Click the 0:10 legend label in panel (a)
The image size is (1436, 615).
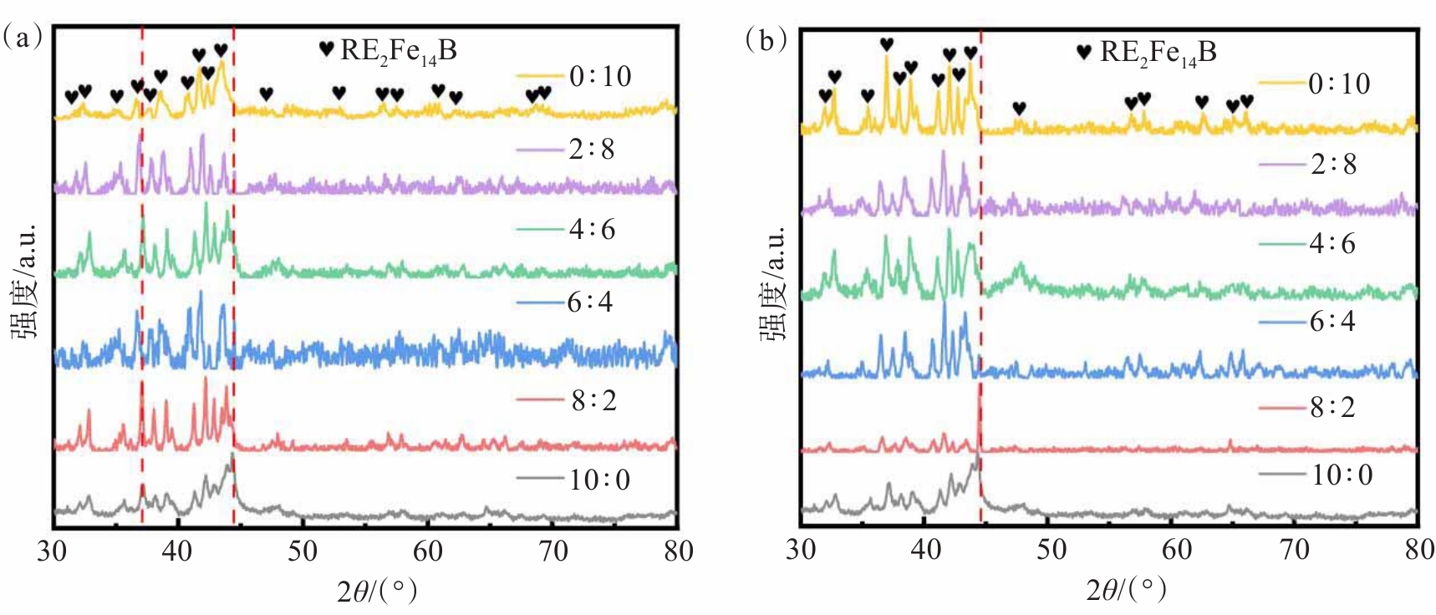click(600, 77)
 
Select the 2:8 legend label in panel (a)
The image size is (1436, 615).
click(592, 150)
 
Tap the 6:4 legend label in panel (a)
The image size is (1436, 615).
click(590, 302)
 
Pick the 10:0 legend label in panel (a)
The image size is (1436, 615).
click(599, 480)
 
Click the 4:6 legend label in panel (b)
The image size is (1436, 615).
click(1332, 244)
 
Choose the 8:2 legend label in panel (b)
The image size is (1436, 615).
click(1332, 408)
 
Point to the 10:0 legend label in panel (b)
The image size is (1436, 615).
click(1341, 475)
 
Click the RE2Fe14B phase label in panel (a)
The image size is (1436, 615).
click(398, 51)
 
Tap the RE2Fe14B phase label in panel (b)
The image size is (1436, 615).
click(1158, 52)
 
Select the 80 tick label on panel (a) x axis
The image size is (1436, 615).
click(677, 551)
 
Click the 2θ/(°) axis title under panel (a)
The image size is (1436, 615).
click(377, 592)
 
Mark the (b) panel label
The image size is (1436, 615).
click(766, 39)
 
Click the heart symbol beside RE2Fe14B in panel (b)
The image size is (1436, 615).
click(1084, 52)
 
